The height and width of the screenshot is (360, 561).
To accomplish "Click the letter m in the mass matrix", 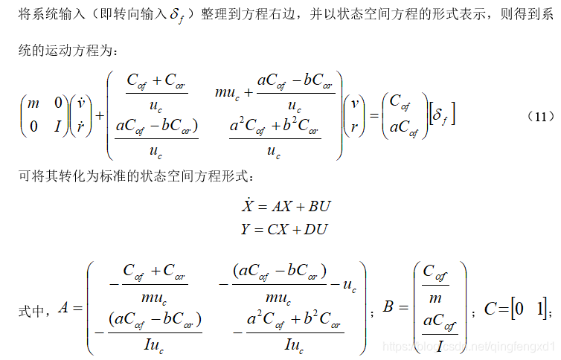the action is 33,104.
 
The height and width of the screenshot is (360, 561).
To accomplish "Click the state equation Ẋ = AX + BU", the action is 283,206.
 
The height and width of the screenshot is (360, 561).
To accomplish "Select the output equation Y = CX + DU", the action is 283,229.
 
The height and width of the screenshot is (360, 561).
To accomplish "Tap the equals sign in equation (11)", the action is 370,116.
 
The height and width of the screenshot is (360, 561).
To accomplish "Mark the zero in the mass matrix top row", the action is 57,104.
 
